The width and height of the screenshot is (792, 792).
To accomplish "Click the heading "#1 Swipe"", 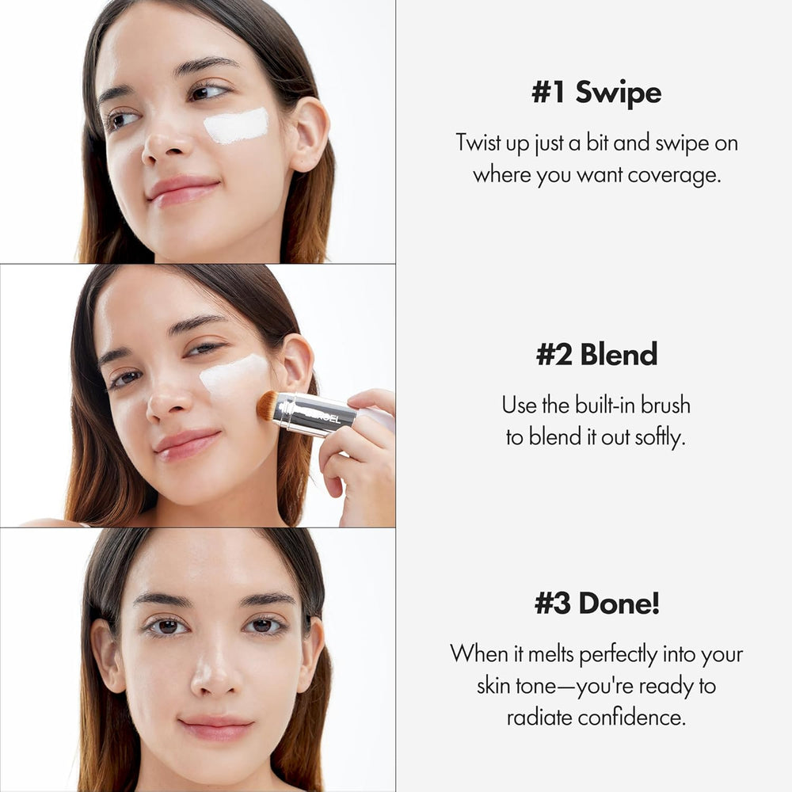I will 596,93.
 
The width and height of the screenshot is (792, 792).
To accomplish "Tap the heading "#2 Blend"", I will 596,355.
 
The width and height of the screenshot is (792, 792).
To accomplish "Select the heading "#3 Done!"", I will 596,604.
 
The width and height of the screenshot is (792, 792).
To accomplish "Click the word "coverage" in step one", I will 674,175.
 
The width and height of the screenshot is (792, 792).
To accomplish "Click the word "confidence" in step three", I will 630,718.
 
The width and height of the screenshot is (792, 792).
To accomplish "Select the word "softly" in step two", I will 659,438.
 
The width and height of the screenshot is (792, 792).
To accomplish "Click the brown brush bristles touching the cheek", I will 266,405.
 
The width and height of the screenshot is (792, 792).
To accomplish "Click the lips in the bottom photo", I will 216,728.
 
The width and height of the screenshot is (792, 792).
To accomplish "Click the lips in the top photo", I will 183,191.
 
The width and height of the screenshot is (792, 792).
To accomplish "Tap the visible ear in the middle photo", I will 297,363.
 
